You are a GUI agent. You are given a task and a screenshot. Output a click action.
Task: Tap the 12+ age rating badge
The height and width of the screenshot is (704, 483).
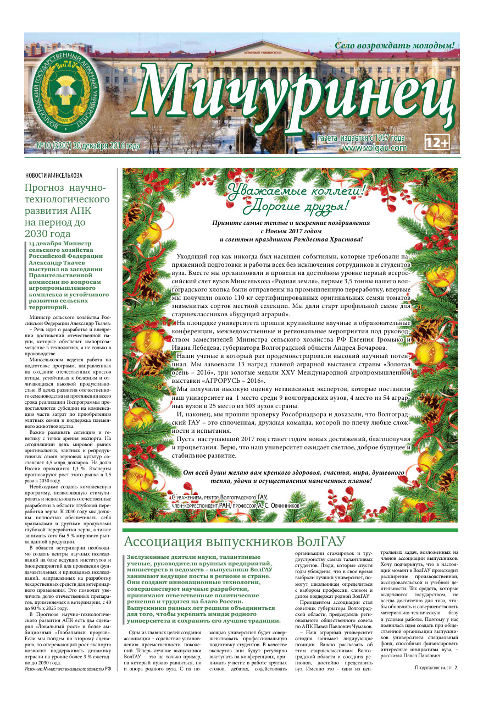point(437,142)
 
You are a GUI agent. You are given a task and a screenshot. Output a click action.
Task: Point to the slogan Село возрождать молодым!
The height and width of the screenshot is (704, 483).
point(395,45)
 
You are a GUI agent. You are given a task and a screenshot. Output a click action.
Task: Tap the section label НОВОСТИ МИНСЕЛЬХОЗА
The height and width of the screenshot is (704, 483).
point(54,175)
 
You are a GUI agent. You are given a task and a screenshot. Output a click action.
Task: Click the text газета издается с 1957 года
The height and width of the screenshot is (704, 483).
point(361,138)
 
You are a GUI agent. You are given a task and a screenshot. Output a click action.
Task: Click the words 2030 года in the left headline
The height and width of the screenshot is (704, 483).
point(48,234)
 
